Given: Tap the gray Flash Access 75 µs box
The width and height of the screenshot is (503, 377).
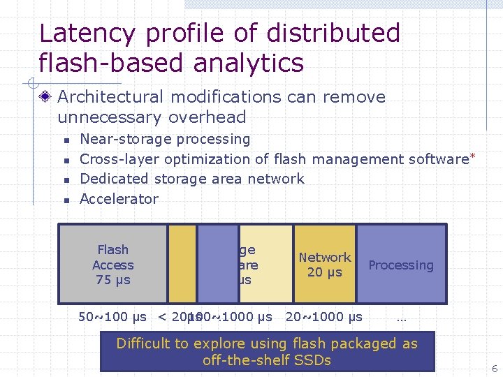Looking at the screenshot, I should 112,265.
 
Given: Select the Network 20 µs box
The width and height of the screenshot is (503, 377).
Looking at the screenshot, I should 325,265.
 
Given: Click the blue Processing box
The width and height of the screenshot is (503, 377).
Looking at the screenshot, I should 401,265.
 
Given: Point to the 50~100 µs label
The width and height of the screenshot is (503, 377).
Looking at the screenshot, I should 112,317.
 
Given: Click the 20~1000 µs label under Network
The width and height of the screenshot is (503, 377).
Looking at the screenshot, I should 324,317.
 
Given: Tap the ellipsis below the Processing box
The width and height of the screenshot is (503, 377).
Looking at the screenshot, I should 401,318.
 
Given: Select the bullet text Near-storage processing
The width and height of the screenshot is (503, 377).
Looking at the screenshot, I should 165,139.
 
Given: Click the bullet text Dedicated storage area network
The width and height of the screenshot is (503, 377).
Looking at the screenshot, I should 192,179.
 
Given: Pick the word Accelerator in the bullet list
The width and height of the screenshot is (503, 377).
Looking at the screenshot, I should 119,199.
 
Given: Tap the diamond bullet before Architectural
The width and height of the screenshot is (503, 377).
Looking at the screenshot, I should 46,97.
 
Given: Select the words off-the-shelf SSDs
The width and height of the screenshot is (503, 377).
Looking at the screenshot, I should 266,360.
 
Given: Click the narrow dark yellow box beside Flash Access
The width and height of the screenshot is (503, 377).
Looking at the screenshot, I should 182,263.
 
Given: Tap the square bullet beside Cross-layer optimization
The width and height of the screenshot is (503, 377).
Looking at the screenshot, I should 65,160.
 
